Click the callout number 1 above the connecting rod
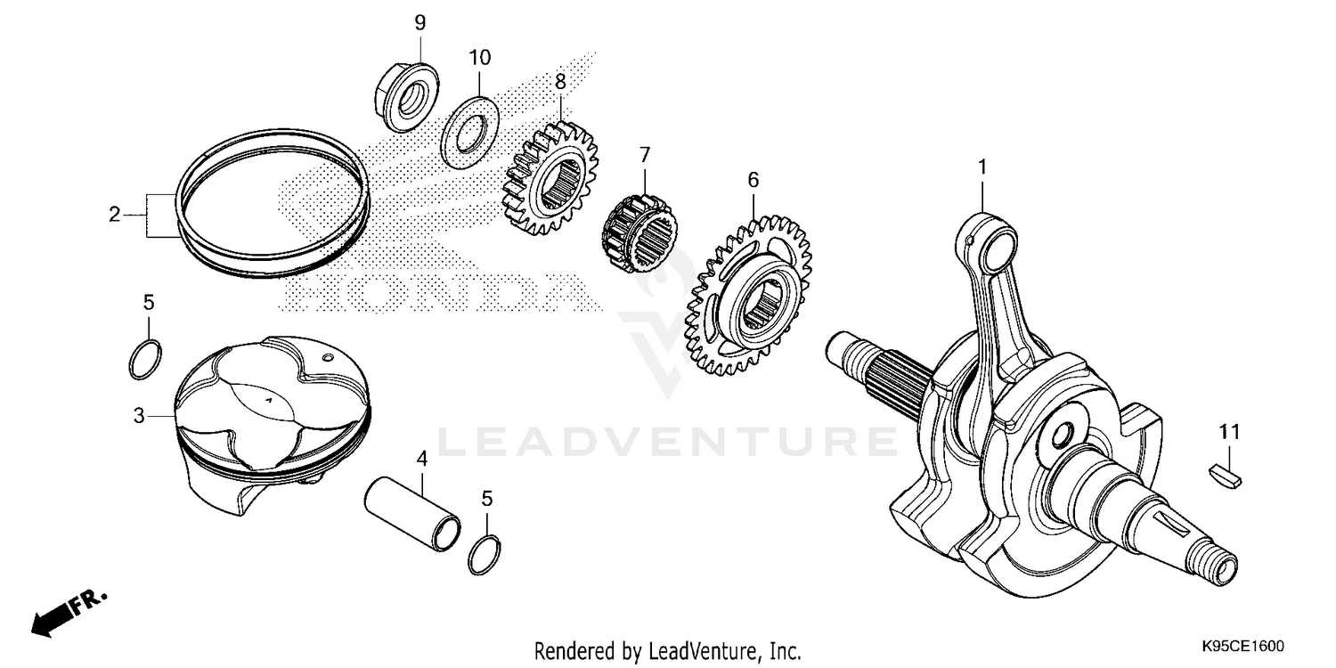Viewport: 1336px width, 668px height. pos(982,167)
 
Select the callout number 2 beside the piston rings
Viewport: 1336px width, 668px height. pos(114,215)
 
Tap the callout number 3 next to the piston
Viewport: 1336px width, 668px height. pos(138,415)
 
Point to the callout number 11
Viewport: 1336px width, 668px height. pos(1229,432)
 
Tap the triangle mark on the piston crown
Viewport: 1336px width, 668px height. pos(268,401)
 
